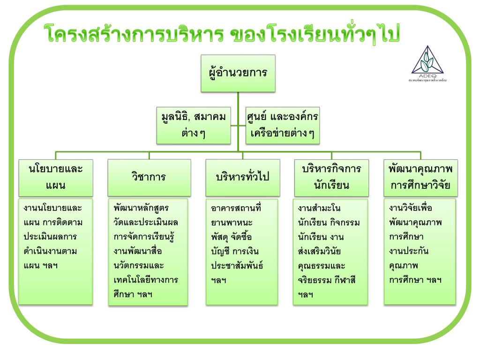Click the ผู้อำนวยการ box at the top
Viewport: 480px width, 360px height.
click(238, 73)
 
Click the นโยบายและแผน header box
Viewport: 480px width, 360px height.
click(56, 177)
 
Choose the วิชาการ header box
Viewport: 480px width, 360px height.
click(149, 177)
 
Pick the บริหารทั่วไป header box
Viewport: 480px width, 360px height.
click(242, 177)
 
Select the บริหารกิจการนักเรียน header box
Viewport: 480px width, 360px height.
click(331, 177)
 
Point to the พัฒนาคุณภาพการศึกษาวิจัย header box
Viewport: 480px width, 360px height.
click(420, 177)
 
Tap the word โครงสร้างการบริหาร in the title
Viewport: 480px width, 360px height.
click(133, 35)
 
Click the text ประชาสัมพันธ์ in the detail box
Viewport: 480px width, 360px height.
click(237, 266)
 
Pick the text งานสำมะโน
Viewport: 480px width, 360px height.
click(319, 208)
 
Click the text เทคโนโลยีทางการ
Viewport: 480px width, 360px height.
click(146, 280)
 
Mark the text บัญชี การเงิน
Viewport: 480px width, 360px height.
click(235, 251)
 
